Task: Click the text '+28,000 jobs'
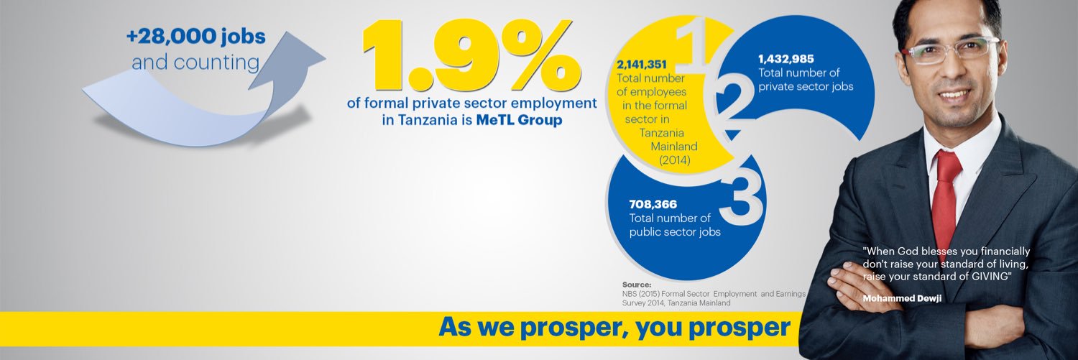click(x=196, y=37)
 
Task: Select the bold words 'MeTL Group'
click(x=519, y=119)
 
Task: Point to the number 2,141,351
click(x=642, y=64)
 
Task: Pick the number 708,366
click(x=653, y=204)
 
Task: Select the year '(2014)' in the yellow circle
click(x=674, y=160)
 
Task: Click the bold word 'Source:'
click(x=637, y=285)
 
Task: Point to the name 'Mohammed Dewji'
click(x=902, y=298)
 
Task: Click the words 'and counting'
click(x=195, y=63)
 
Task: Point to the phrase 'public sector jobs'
click(x=675, y=232)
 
